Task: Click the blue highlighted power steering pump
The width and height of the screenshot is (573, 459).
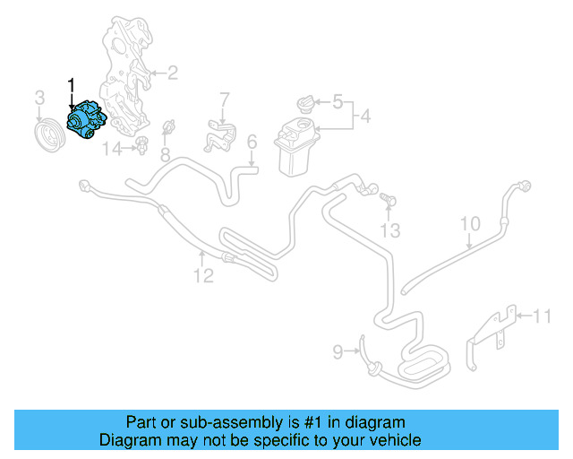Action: pyautogui.click(x=87, y=123)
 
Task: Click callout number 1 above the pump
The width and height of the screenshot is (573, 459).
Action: pyautogui.click(x=72, y=86)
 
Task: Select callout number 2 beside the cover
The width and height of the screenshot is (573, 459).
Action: pyautogui.click(x=172, y=73)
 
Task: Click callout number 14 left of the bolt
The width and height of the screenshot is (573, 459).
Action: pyautogui.click(x=110, y=149)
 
